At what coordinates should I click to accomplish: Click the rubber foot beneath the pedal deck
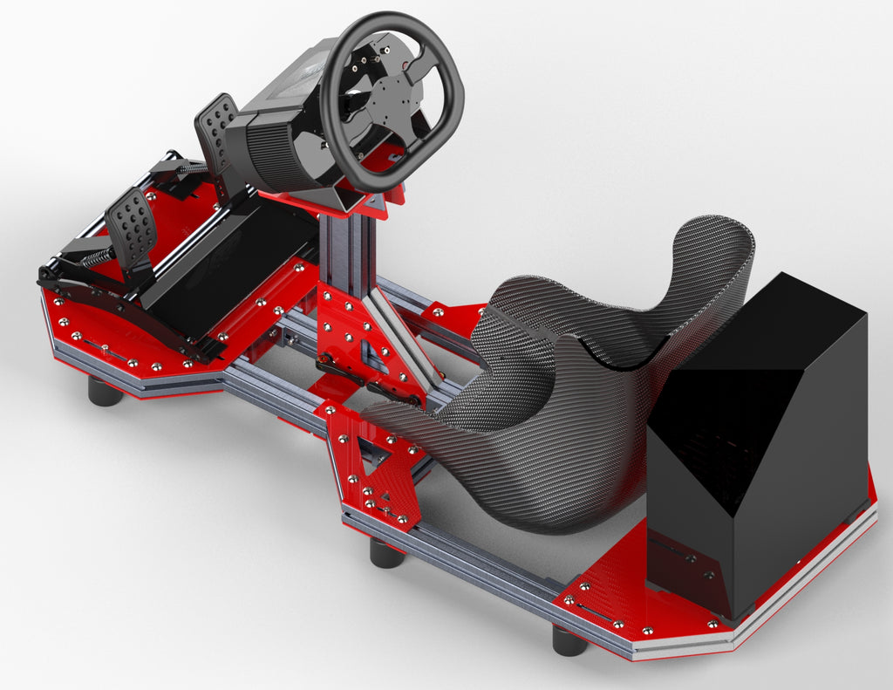click(105, 392)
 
